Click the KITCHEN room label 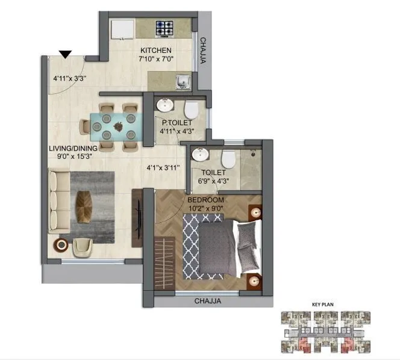click(156, 51)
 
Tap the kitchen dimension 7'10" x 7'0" click(156, 60)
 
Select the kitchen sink click(183, 81)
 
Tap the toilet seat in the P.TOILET click(192, 109)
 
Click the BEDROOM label click(205, 200)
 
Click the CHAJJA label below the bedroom click(208, 301)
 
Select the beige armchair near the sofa click(82, 246)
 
